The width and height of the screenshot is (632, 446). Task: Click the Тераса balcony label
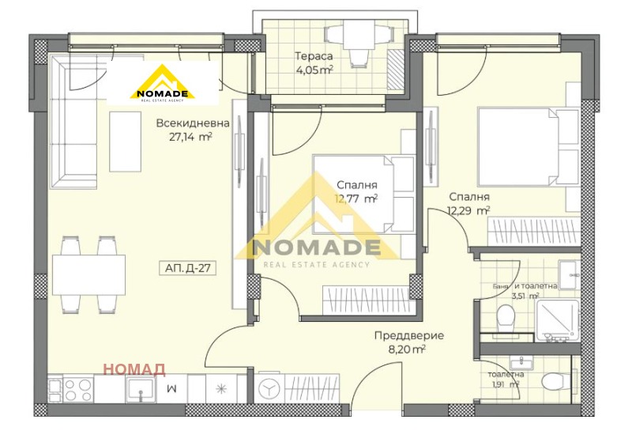314,56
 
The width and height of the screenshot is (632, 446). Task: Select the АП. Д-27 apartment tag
188,269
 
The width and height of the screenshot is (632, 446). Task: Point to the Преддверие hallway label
409,335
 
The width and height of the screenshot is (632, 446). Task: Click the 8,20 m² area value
408,348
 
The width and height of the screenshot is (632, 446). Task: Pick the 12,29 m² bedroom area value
468,210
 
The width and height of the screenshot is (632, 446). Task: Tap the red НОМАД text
134,369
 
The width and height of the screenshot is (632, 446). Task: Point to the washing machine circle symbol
270,389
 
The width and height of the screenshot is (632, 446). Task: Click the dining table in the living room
88,274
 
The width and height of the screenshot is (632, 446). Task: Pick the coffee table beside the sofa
125,141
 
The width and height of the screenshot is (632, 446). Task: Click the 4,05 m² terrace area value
314,70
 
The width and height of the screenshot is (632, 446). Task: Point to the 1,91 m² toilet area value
503,385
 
